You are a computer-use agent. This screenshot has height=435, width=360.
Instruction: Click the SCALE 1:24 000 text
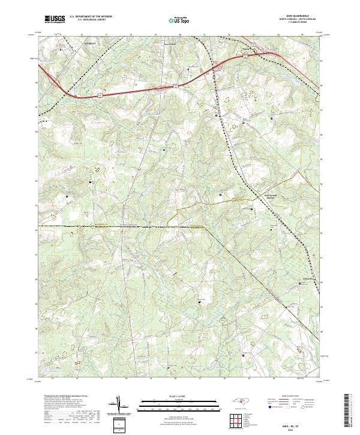pos(178,395)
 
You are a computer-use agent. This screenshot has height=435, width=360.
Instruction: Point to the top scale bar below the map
pos(178,400)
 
